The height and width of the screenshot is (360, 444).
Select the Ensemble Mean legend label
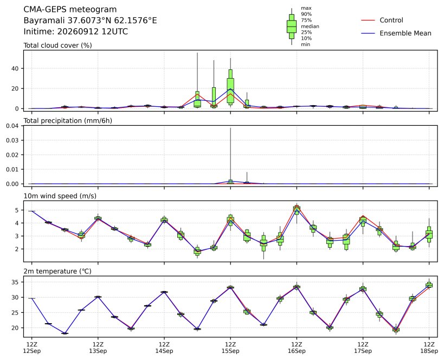(406, 33)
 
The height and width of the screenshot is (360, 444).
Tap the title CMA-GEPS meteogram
(70, 9)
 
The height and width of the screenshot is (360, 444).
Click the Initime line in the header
(75, 31)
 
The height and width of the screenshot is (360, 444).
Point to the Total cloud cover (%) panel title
(57, 46)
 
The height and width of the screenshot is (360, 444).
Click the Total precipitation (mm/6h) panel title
(68, 121)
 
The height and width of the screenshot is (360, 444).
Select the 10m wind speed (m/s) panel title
(60, 196)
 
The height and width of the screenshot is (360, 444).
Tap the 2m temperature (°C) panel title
(57, 271)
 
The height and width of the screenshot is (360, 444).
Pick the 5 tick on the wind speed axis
(17, 210)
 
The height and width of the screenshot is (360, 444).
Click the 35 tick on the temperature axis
(15, 282)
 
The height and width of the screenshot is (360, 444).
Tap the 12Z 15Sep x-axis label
(230, 348)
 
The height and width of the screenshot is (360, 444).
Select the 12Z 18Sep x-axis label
(429, 348)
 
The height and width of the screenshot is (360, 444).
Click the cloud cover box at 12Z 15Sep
(230, 86)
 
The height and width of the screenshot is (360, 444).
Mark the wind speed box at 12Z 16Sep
(297, 211)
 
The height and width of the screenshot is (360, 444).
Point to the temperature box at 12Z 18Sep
(429, 285)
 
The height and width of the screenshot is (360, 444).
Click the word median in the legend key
(310, 27)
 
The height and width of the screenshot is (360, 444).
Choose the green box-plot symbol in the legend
(292, 27)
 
